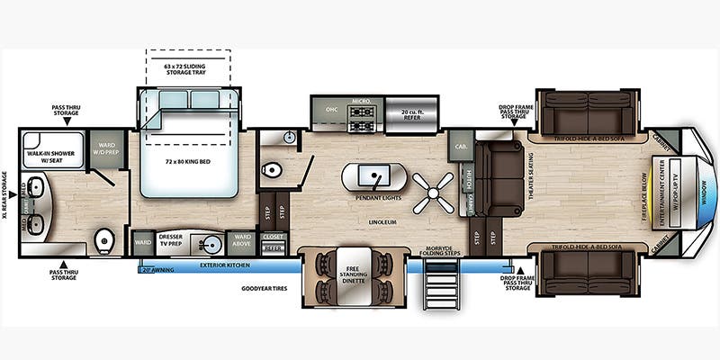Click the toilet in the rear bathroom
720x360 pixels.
tap(105, 240)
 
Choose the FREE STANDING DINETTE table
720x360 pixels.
tap(352, 273)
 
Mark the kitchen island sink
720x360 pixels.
tap(370, 174)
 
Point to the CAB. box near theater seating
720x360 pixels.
tap(461, 146)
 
